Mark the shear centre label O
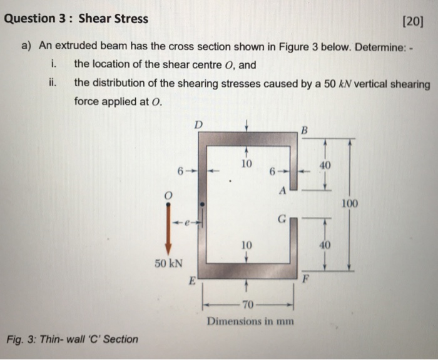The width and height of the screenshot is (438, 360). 166,196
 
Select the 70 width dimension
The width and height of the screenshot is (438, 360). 248,305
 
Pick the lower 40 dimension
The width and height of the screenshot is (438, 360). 325,246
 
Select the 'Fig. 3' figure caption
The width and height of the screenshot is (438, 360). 73,339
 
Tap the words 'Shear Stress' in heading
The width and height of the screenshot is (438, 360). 113,18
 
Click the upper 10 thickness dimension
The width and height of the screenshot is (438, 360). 247,164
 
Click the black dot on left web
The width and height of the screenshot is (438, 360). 202,204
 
